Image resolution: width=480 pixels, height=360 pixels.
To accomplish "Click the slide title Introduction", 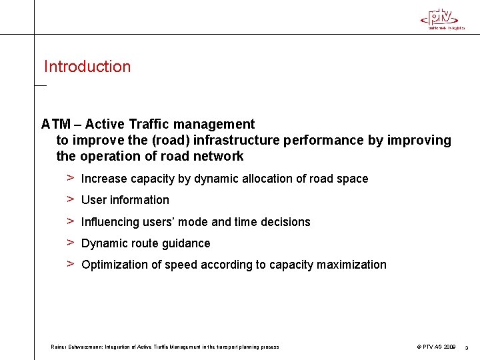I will point(87,67).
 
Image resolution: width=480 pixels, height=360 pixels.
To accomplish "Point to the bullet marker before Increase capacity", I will point(69,178).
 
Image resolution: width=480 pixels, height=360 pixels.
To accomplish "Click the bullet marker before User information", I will point(69,199).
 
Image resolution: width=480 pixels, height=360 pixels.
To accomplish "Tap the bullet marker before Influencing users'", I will point(69,221).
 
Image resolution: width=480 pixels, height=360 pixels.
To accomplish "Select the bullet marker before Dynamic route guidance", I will point(69,243).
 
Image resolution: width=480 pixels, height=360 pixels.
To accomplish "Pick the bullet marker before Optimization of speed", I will point(69,264).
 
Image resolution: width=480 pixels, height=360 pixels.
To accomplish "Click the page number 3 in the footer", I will point(467,347).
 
